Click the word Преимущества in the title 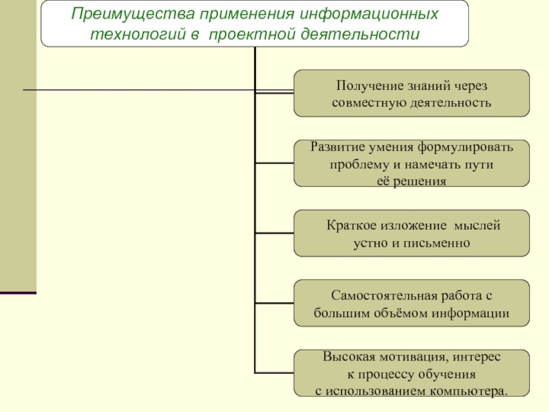pyautogui.click(x=133, y=14)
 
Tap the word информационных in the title pyautogui.click(x=369, y=14)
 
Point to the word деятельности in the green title pyautogui.click(x=360, y=34)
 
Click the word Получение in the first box pyautogui.click(x=368, y=86)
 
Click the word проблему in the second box pyautogui.click(x=360, y=165)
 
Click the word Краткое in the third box pyautogui.click(x=351, y=225)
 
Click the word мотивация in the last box pyautogui.click(x=412, y=357)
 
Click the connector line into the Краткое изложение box pyautogui.click(x=274, y=233)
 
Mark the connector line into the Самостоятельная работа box pyautogui.click(x=274, y=303)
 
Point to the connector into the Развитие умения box pyautogui.click(x=274, y=163)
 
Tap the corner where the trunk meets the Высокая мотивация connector pyautogui.click(x=255, y=373)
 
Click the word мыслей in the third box pyautogui.click(x=477, y=225)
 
